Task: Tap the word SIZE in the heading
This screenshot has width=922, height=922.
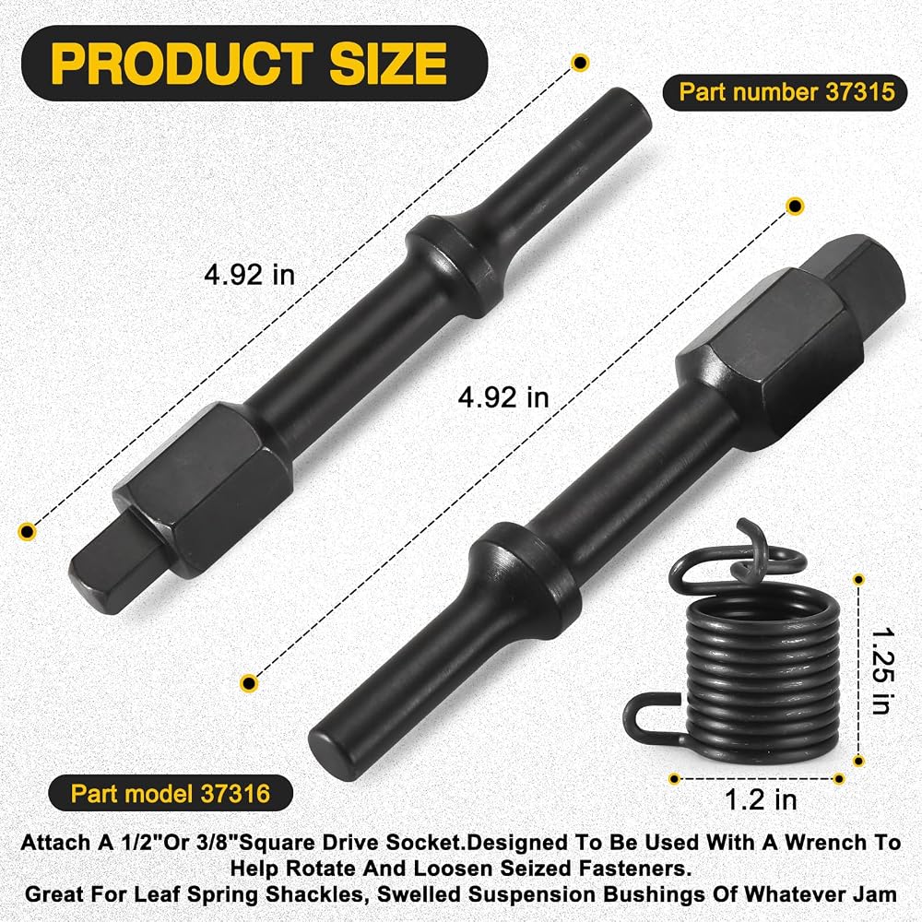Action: [x=388, y=64]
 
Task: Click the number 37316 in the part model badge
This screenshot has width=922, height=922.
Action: [x=235, y=794]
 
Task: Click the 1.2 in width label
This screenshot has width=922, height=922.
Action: [x=761, y=799]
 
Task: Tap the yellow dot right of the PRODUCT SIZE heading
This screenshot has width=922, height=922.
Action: [x=580, y=63]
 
